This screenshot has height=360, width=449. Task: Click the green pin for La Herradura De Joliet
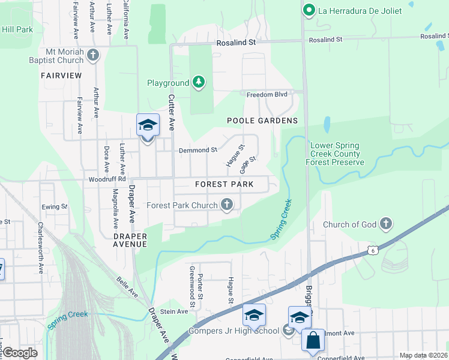[x=309, y=10]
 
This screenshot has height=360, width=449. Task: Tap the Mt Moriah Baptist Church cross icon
[x=92, y=55]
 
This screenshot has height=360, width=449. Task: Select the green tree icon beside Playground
[x=199, y=83]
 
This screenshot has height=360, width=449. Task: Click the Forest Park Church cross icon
[x=227, y=205]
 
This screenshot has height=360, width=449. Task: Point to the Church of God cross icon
[x=386, y=224]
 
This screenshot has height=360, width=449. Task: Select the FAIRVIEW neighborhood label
[x=61, y=76]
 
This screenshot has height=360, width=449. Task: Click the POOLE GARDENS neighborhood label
[x=262, y=121]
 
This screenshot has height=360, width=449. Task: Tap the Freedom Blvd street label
[x=267, y=94]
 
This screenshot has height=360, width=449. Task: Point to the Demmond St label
[x=197, y=150]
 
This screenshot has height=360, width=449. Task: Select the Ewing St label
[x=55, y=207]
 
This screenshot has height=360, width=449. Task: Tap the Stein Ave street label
[x=174, y=311]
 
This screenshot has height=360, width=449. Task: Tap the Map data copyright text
[x=423, y=355]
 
